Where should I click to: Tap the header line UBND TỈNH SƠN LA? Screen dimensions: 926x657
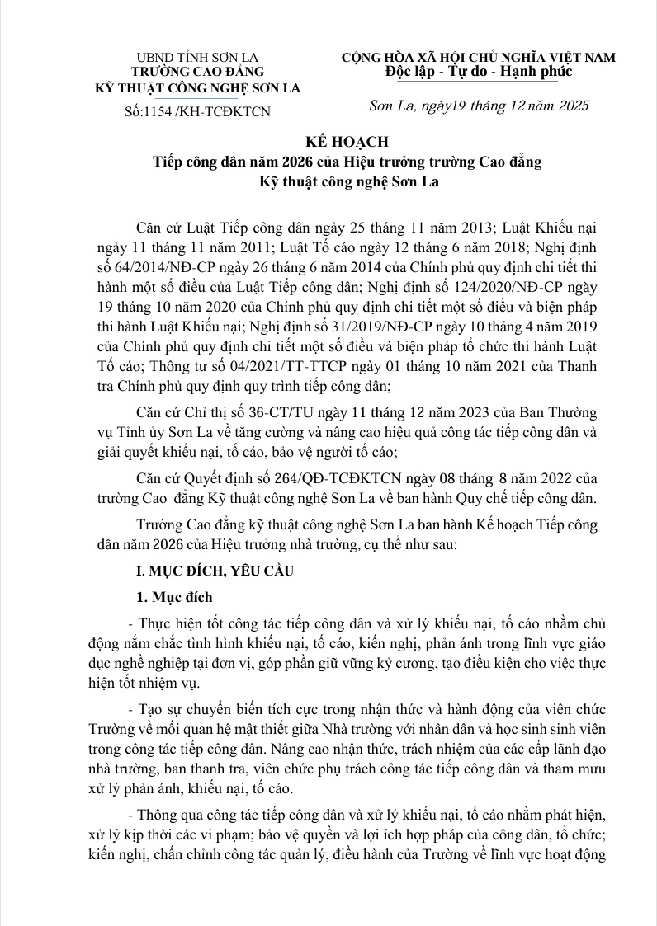(x=197, y=58)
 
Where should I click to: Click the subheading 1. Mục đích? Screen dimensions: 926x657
(x=174, y=597)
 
